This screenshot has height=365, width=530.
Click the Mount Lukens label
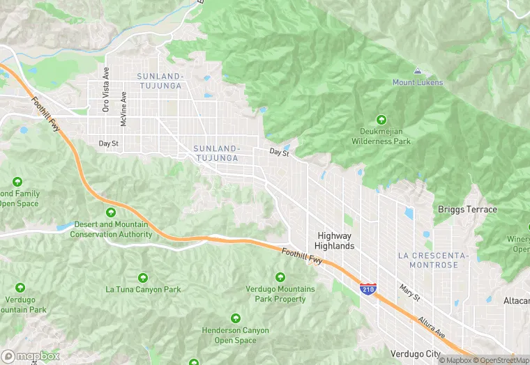(417, 82)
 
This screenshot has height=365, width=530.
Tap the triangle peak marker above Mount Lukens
(417, 71)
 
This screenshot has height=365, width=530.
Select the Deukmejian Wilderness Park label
(381, 137)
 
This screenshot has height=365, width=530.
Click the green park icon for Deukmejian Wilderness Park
(381, 119)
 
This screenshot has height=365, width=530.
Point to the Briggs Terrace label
(467, 210)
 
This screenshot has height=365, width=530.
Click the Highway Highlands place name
(335, 241)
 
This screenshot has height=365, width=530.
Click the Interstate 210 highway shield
(368, 288)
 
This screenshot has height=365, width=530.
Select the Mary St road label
(409, 292)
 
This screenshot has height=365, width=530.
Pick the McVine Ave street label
(123, 109)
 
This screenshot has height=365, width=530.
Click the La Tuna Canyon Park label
(143, 290)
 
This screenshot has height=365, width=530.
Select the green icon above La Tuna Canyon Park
(143, 278)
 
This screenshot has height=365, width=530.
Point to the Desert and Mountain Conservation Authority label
(109, 229)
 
